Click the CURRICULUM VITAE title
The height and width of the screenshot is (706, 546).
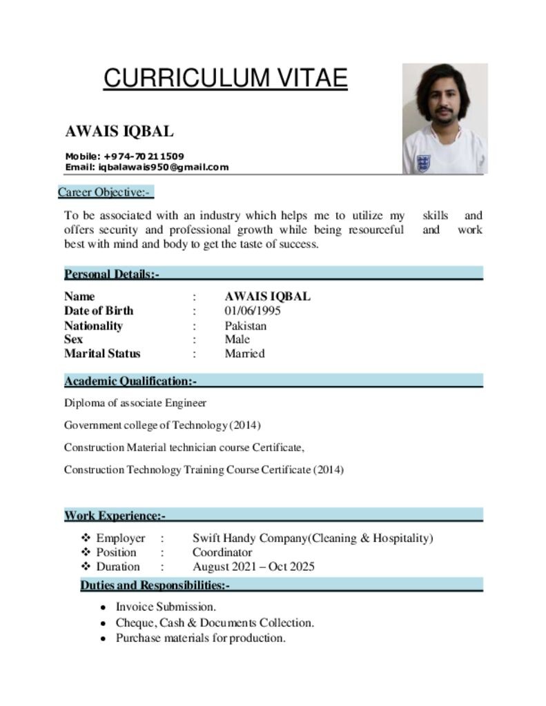225,78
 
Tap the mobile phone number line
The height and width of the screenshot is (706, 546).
124,157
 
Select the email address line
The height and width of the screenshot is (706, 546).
146,167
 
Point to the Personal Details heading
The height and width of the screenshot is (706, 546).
112,274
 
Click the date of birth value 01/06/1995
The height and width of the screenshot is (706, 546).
253,311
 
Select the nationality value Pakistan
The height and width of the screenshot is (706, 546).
245,325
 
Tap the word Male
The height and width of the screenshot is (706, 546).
237,339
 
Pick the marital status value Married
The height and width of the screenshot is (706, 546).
244,354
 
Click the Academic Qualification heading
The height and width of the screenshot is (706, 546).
130,381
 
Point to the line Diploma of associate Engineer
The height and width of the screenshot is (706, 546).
135,403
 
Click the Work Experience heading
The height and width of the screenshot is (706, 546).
115,516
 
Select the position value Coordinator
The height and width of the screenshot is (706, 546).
222,552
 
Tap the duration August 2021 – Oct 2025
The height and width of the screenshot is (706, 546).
253,567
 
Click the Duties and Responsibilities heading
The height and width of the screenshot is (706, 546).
155,585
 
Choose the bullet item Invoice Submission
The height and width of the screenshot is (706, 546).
166,607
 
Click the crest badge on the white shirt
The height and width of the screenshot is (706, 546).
422,163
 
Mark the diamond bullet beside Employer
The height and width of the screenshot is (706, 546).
86,538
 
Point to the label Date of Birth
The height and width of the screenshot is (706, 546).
99,311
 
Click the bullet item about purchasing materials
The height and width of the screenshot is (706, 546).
200,638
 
